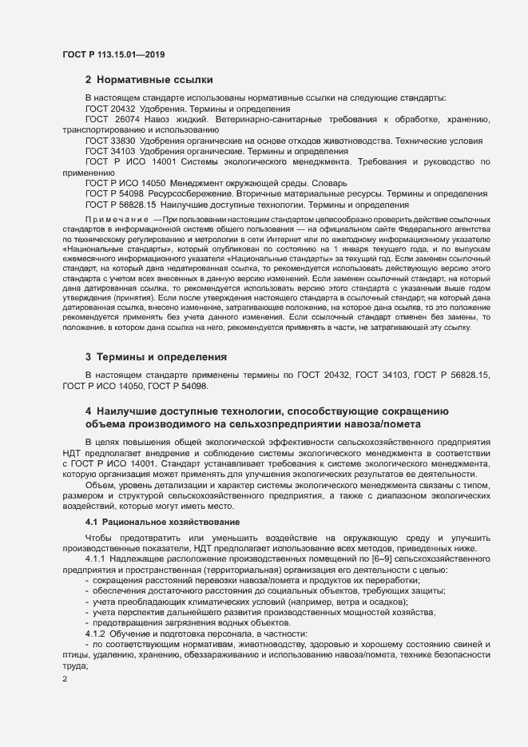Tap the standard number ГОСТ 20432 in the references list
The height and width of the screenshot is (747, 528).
(x=110, y=109)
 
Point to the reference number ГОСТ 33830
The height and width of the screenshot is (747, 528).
(x=110, y=141)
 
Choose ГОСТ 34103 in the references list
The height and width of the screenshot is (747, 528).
(x=110, y=151)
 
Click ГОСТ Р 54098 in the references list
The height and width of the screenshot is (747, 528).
(x=115, y=194)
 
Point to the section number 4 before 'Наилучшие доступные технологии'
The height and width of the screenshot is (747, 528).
(x=89, y=411)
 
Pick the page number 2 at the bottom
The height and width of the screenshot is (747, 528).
(x=66, y=679)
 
